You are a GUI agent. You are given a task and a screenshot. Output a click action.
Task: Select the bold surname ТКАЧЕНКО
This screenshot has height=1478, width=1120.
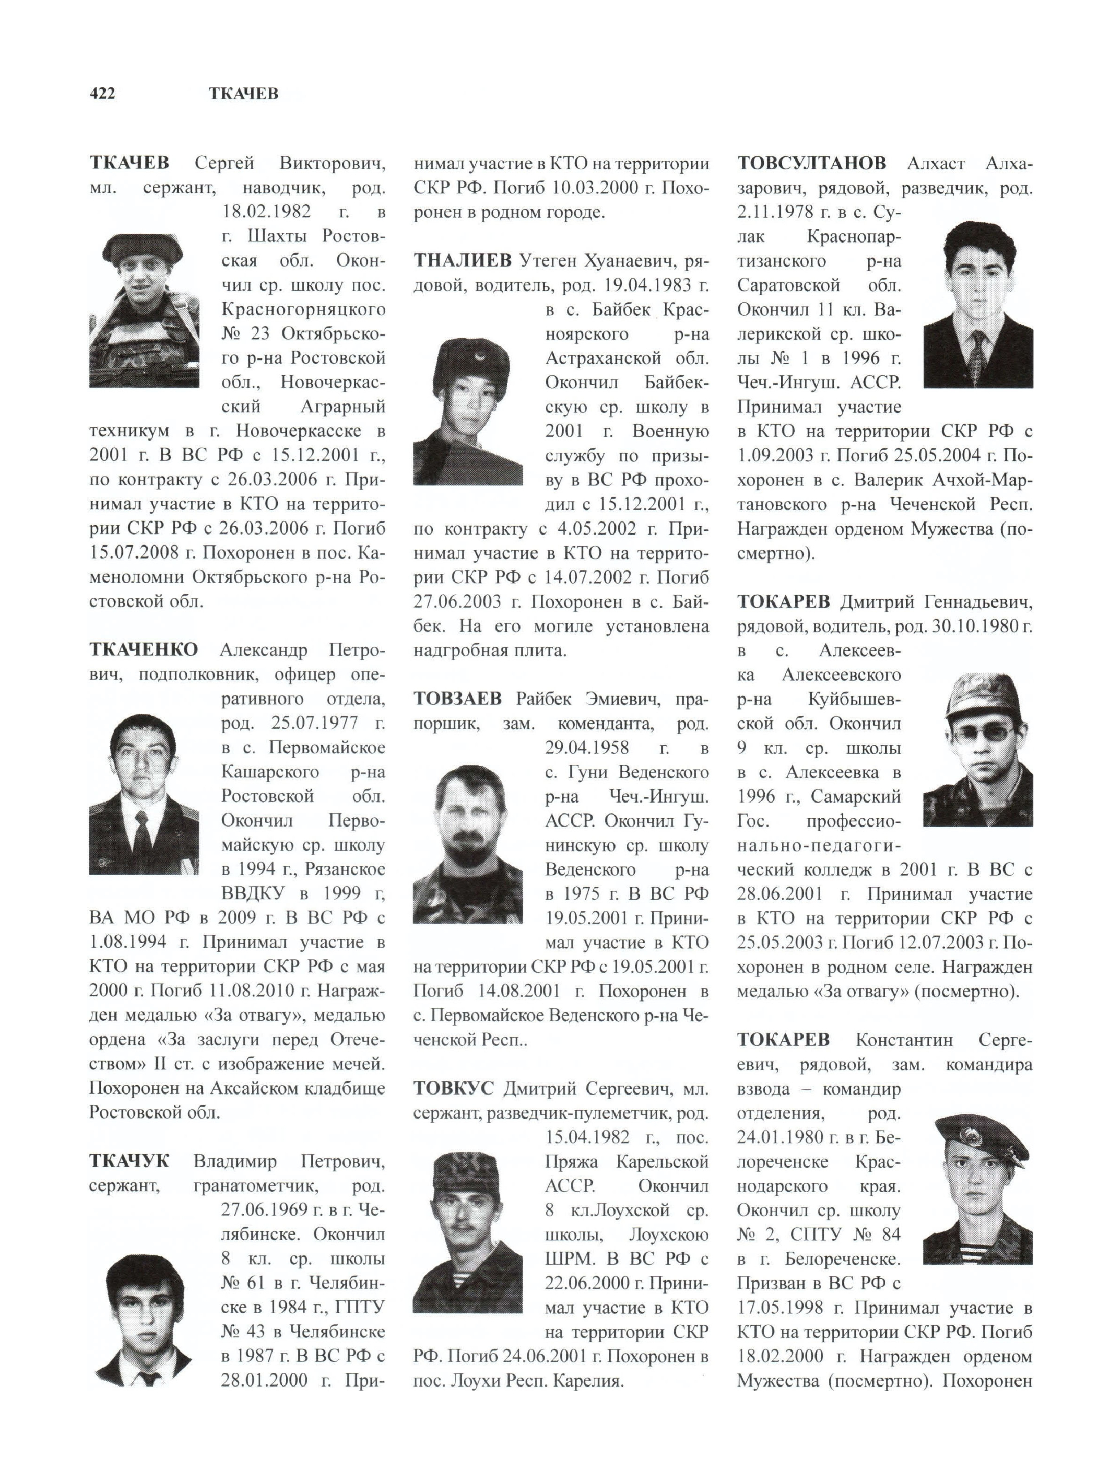144,649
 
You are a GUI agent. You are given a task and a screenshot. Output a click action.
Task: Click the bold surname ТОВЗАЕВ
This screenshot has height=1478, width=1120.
457,699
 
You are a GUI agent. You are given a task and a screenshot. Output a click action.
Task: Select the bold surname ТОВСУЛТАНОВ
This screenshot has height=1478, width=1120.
812,163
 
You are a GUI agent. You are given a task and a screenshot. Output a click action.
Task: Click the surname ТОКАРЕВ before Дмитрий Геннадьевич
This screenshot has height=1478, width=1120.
783,602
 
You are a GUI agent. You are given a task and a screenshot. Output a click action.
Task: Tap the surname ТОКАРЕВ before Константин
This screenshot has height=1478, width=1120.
783,1040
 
